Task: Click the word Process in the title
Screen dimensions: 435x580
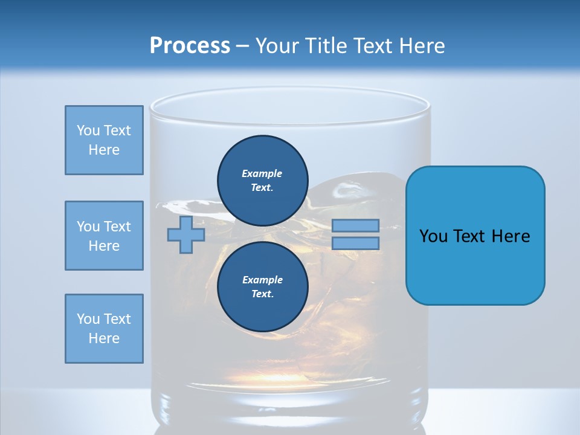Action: point(190,46)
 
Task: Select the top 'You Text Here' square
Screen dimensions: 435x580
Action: point(104,140)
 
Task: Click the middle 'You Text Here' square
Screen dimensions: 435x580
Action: point(104,236)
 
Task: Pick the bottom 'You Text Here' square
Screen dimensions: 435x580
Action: point(104,329)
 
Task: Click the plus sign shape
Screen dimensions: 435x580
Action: point(186,234)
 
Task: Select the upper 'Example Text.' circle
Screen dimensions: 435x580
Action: point(262,180)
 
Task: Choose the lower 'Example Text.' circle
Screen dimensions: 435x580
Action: point(262,286)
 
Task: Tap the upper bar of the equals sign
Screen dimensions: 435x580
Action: point(355,225)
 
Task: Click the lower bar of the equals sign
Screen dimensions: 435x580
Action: point(355,243)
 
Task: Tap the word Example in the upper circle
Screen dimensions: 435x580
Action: point(262,173)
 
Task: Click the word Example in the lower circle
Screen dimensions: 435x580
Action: point(262,280)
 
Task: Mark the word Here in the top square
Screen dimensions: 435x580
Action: point(104,150)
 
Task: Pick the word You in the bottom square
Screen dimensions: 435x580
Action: point(88,319)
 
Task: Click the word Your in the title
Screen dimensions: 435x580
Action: point(277,46)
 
